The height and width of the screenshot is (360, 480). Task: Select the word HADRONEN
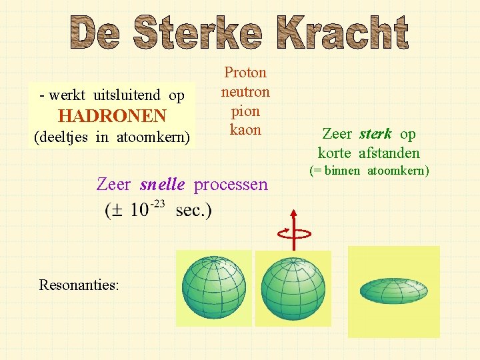point(112,116)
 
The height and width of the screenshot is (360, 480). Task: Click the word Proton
point(245,72)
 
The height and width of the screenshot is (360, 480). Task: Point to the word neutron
point(245,91)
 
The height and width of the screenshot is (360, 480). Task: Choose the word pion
point(245,111)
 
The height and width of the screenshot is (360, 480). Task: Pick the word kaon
point(245,129)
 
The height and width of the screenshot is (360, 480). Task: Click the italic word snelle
point(162,184)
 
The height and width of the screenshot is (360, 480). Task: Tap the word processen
point(231,184)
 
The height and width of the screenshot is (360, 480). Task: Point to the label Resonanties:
point(79,285)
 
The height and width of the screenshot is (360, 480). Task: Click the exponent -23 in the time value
point(157,204)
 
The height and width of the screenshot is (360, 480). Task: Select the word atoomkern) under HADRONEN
point(153,137)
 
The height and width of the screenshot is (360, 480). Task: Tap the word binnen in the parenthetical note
point(344,171)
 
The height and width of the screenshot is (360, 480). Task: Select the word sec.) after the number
point(194,211)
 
